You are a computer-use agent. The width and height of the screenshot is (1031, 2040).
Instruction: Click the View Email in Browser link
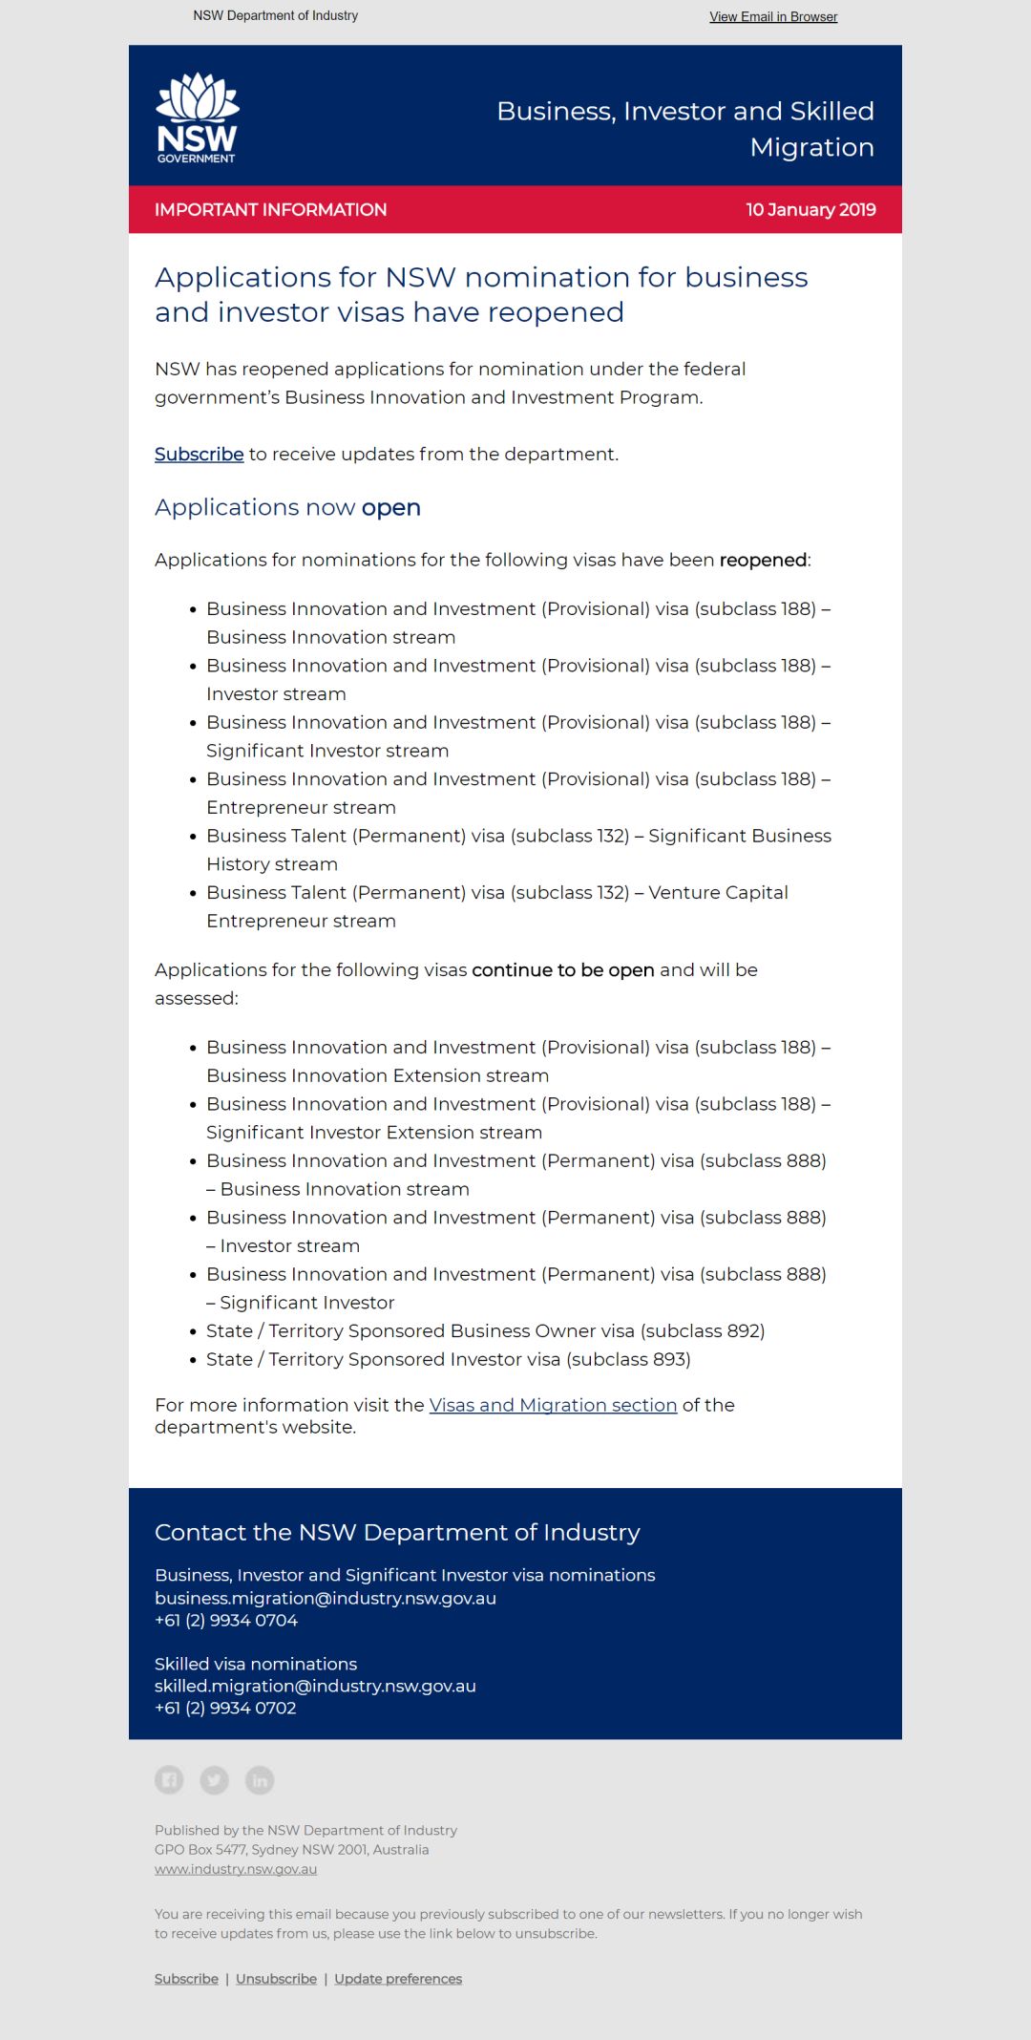[x=773, y=17]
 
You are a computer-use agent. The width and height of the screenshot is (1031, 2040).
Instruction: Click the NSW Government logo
[x=198, y=118]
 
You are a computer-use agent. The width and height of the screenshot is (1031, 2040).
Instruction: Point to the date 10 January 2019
[x=810, y=210]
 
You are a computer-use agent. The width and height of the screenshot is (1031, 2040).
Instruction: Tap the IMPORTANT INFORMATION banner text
[x=270, y=210]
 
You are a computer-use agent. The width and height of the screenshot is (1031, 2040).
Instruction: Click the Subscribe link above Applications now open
[x=199, y=455]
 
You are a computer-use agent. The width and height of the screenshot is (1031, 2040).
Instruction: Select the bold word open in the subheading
[x=390, y=508]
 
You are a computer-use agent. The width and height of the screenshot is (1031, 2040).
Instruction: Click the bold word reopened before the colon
[x=763, y=561]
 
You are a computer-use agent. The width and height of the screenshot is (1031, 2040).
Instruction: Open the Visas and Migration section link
[x=553, y=1405]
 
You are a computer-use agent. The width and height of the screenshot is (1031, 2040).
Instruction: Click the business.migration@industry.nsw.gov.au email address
[x=326, y=1598]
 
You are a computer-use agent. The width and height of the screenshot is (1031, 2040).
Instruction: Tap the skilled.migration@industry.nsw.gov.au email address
[x=315, y=1686]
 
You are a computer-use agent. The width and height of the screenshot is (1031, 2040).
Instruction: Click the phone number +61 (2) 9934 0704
[x=226, y=1620]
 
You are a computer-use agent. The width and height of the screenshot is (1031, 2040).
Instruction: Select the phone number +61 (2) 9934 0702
[x=225, y=1708]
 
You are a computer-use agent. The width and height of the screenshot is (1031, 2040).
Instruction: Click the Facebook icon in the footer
[x=169, y=1779]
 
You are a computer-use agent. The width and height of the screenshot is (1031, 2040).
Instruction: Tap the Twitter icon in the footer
[x=214, y=1779]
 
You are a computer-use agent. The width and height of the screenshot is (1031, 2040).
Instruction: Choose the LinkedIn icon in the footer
[x=260, y=1779]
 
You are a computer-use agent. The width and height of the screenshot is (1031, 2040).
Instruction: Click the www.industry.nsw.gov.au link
[x=236, y=1869]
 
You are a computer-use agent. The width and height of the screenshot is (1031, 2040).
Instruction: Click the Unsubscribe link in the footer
[x=276, y=1978]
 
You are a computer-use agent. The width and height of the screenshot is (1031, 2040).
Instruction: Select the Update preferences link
[x=398, y=1978]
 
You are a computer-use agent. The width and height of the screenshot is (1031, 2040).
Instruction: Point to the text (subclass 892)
[x=703, y=1331]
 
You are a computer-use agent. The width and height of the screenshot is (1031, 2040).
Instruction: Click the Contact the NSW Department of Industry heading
[x=397, y=1533]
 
